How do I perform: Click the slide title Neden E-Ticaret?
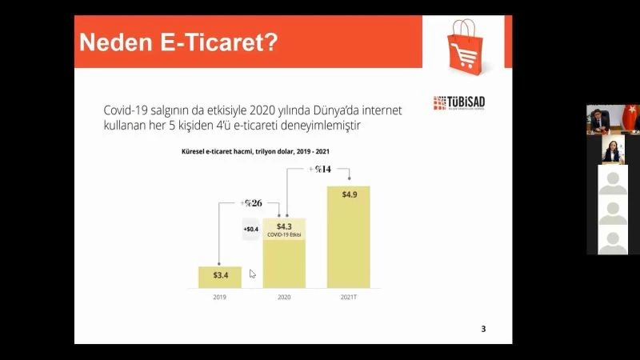pos(178,41)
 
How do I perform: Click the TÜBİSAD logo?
pos(459,103)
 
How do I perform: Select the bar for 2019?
pos(219,277)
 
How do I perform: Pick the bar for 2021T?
pos(348,237)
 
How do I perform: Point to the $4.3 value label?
pos(284,226)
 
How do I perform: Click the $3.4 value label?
pos(220,275)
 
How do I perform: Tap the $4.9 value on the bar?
pos(350,194)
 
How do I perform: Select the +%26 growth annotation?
pos(250,202)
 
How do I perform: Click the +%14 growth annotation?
pos(319,169)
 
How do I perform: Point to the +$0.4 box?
pos(251,230)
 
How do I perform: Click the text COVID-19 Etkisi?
pos(284,235)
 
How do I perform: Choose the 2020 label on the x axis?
pos(284,298)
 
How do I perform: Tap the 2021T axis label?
pos(349,298)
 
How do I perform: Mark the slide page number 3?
pos(482,329)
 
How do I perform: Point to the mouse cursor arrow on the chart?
pos(252,274)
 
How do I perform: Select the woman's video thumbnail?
pos(613,150)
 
